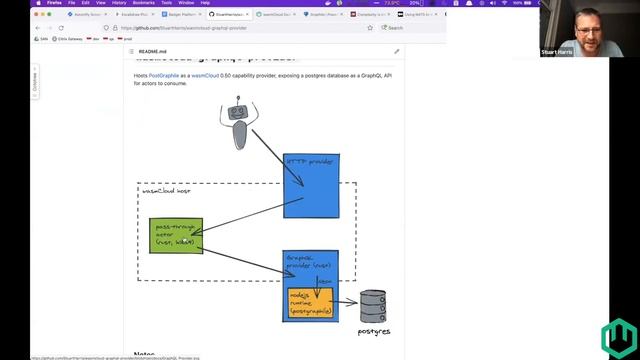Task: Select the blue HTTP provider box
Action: tap(311, 185)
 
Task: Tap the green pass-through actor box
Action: tap(175, 235)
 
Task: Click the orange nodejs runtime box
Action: tap(310, 304)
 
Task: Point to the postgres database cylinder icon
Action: tap(373, 305)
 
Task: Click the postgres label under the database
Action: tap(373, 331)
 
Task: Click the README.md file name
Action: tap(152, 51)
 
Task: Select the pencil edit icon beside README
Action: tap(396, 51)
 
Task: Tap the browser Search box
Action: tap(394, 28)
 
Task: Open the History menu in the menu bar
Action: tap(118, 3)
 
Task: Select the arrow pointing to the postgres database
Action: tap(348, 303)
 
